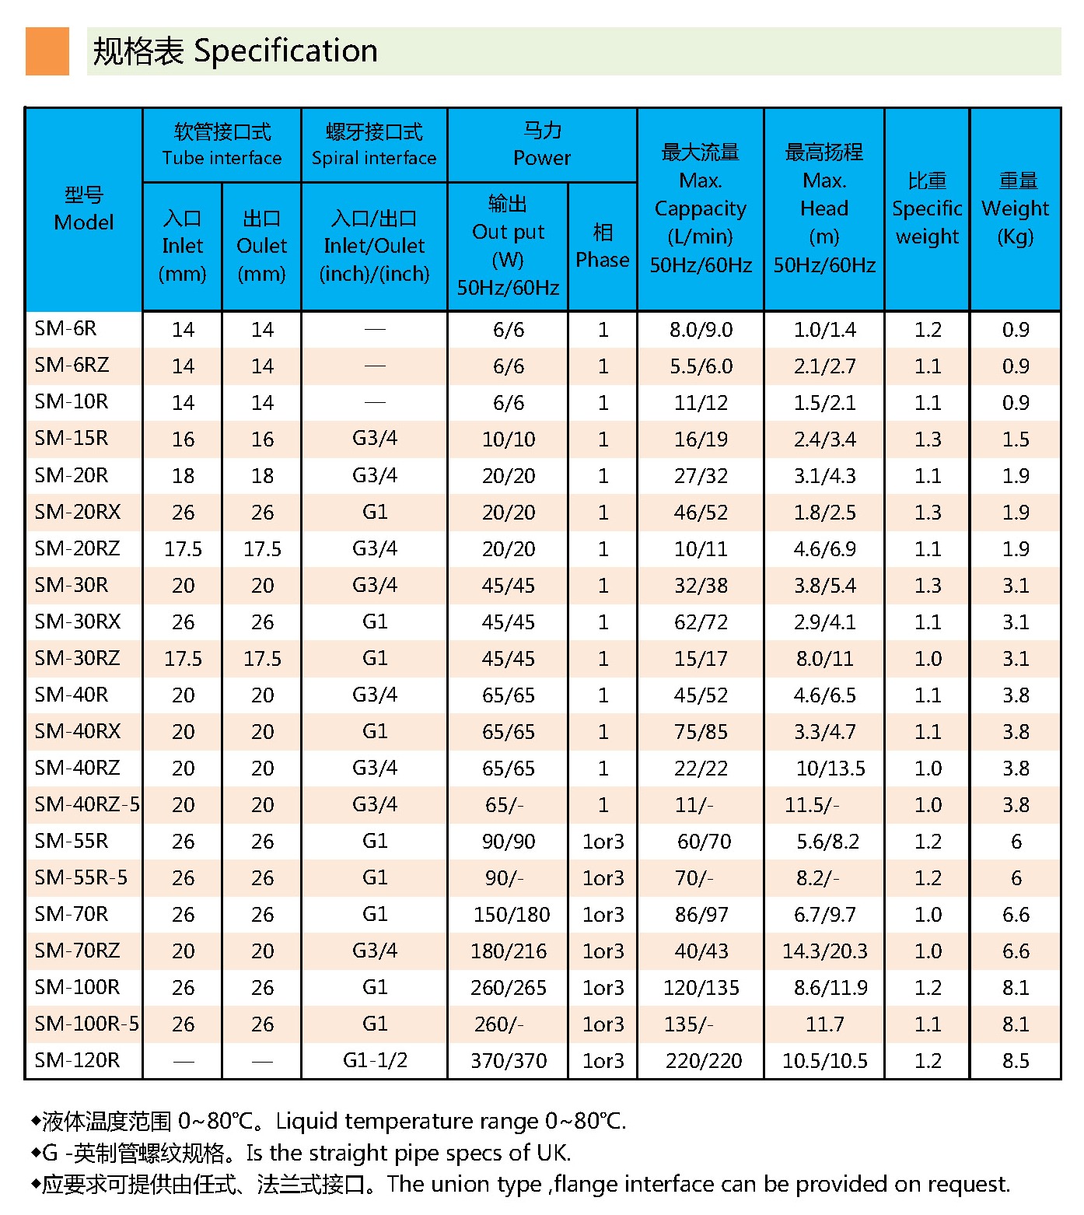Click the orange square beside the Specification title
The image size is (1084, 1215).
(x=47, y=51)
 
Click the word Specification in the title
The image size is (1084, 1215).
(x=285, y=51)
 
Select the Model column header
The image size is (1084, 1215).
(x=84, y=209)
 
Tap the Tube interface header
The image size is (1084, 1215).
(x=222, y=145)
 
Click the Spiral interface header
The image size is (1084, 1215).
(x=374, y=145)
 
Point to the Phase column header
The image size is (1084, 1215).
(x=603, y=246)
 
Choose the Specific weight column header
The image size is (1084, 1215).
(x=927, y=209)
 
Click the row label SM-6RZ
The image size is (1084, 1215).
(x=72, y=366)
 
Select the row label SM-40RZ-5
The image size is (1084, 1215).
(x=87, y=804)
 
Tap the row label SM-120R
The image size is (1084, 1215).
(x=77, y=1060)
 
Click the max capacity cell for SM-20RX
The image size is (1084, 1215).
(x=701, y=513)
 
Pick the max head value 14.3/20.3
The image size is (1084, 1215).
(x=824, y=951)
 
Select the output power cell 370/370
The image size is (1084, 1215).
(x=509, y=1060)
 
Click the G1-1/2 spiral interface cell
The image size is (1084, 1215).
(x=375, y=1060)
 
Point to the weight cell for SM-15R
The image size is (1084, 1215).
(x=1016, y=439)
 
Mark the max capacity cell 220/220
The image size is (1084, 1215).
(x=704, y=1060)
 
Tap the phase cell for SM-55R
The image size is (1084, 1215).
(x=603, y=842)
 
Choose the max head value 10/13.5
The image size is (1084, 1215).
(x=830, y=769)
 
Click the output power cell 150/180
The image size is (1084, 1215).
(x=512, y=915)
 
